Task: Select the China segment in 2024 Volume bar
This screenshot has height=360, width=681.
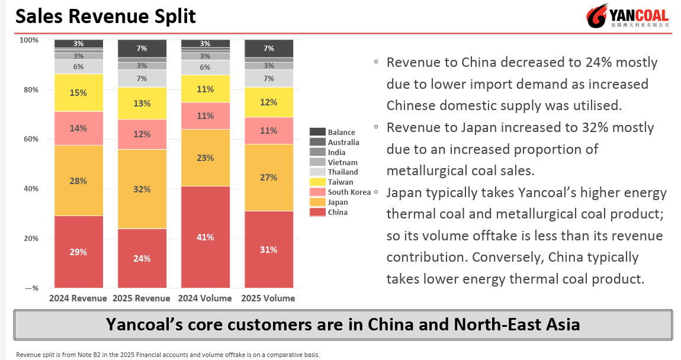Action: click(x=205, y=237)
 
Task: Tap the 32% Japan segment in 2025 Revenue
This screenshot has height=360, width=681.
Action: click(x=142, y=189)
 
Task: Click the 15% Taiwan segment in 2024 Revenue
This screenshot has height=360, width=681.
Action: click(x=78, y=92)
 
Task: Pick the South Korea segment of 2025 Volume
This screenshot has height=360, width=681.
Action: click(x=268, y=130)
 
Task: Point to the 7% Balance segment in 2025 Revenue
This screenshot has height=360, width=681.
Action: click(x=142, y=48)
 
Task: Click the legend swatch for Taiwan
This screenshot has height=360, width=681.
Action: click(x=317, y=182)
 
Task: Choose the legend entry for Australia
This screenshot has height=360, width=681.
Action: click(x=343, y=142)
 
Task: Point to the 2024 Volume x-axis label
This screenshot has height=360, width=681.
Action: click(x=205, y=298)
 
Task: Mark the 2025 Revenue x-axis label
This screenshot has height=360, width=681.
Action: click(x=142, y=298)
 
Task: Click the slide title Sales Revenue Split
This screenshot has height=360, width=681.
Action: click(x=105, y=16)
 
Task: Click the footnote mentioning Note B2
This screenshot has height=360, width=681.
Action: click(x=168, y=355)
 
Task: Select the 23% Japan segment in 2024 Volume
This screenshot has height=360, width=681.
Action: click(x=205, y=157)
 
